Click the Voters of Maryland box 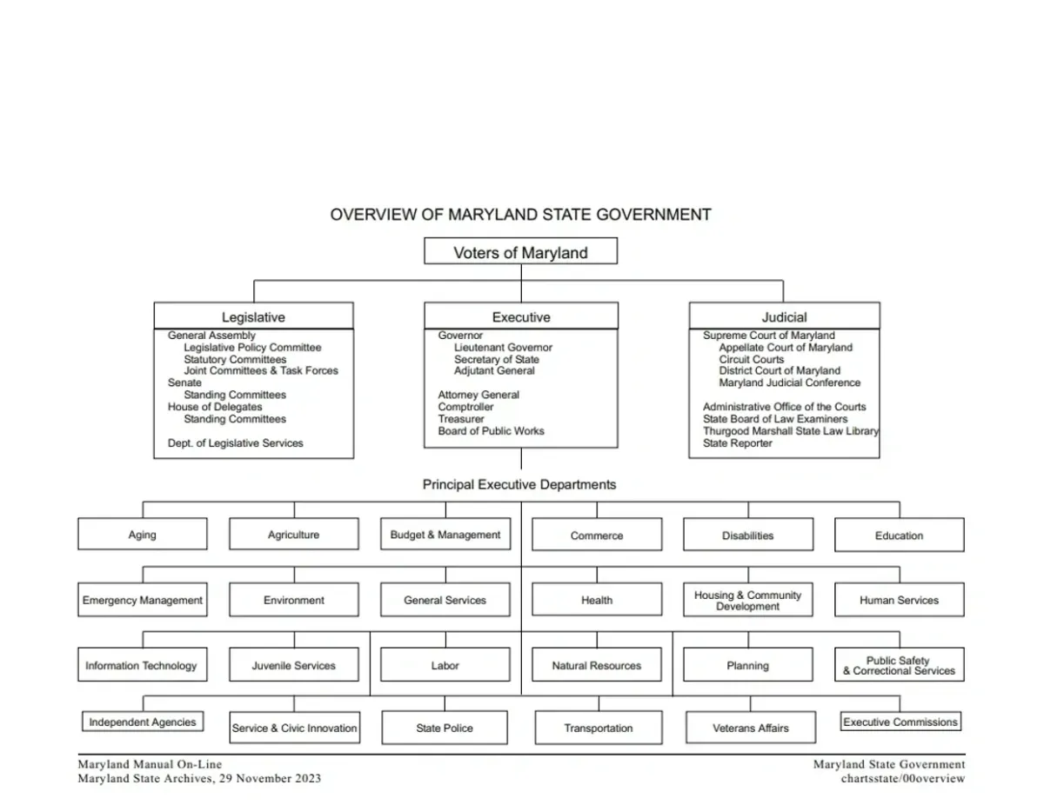click(520, 253)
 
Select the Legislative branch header click(253, 317)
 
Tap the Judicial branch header click(784, 317)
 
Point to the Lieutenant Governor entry click(503, 348)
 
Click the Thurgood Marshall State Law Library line click(790, 431)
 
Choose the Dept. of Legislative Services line click(236, 443)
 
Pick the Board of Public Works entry click(491, 431)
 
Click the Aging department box click(143, 535)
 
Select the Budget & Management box click(445, 535)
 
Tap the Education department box click(899, 536)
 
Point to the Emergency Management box click(143, 600)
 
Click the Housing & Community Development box click(747, 600)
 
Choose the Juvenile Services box click(293, 665)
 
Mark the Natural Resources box click(596, 666)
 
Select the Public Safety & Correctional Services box click(899, 665)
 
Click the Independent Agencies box click(143, 722)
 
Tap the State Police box click(445, 728)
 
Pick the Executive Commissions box click(900, 722)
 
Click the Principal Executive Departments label click(519, 484)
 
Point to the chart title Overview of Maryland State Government click(520, 215)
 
